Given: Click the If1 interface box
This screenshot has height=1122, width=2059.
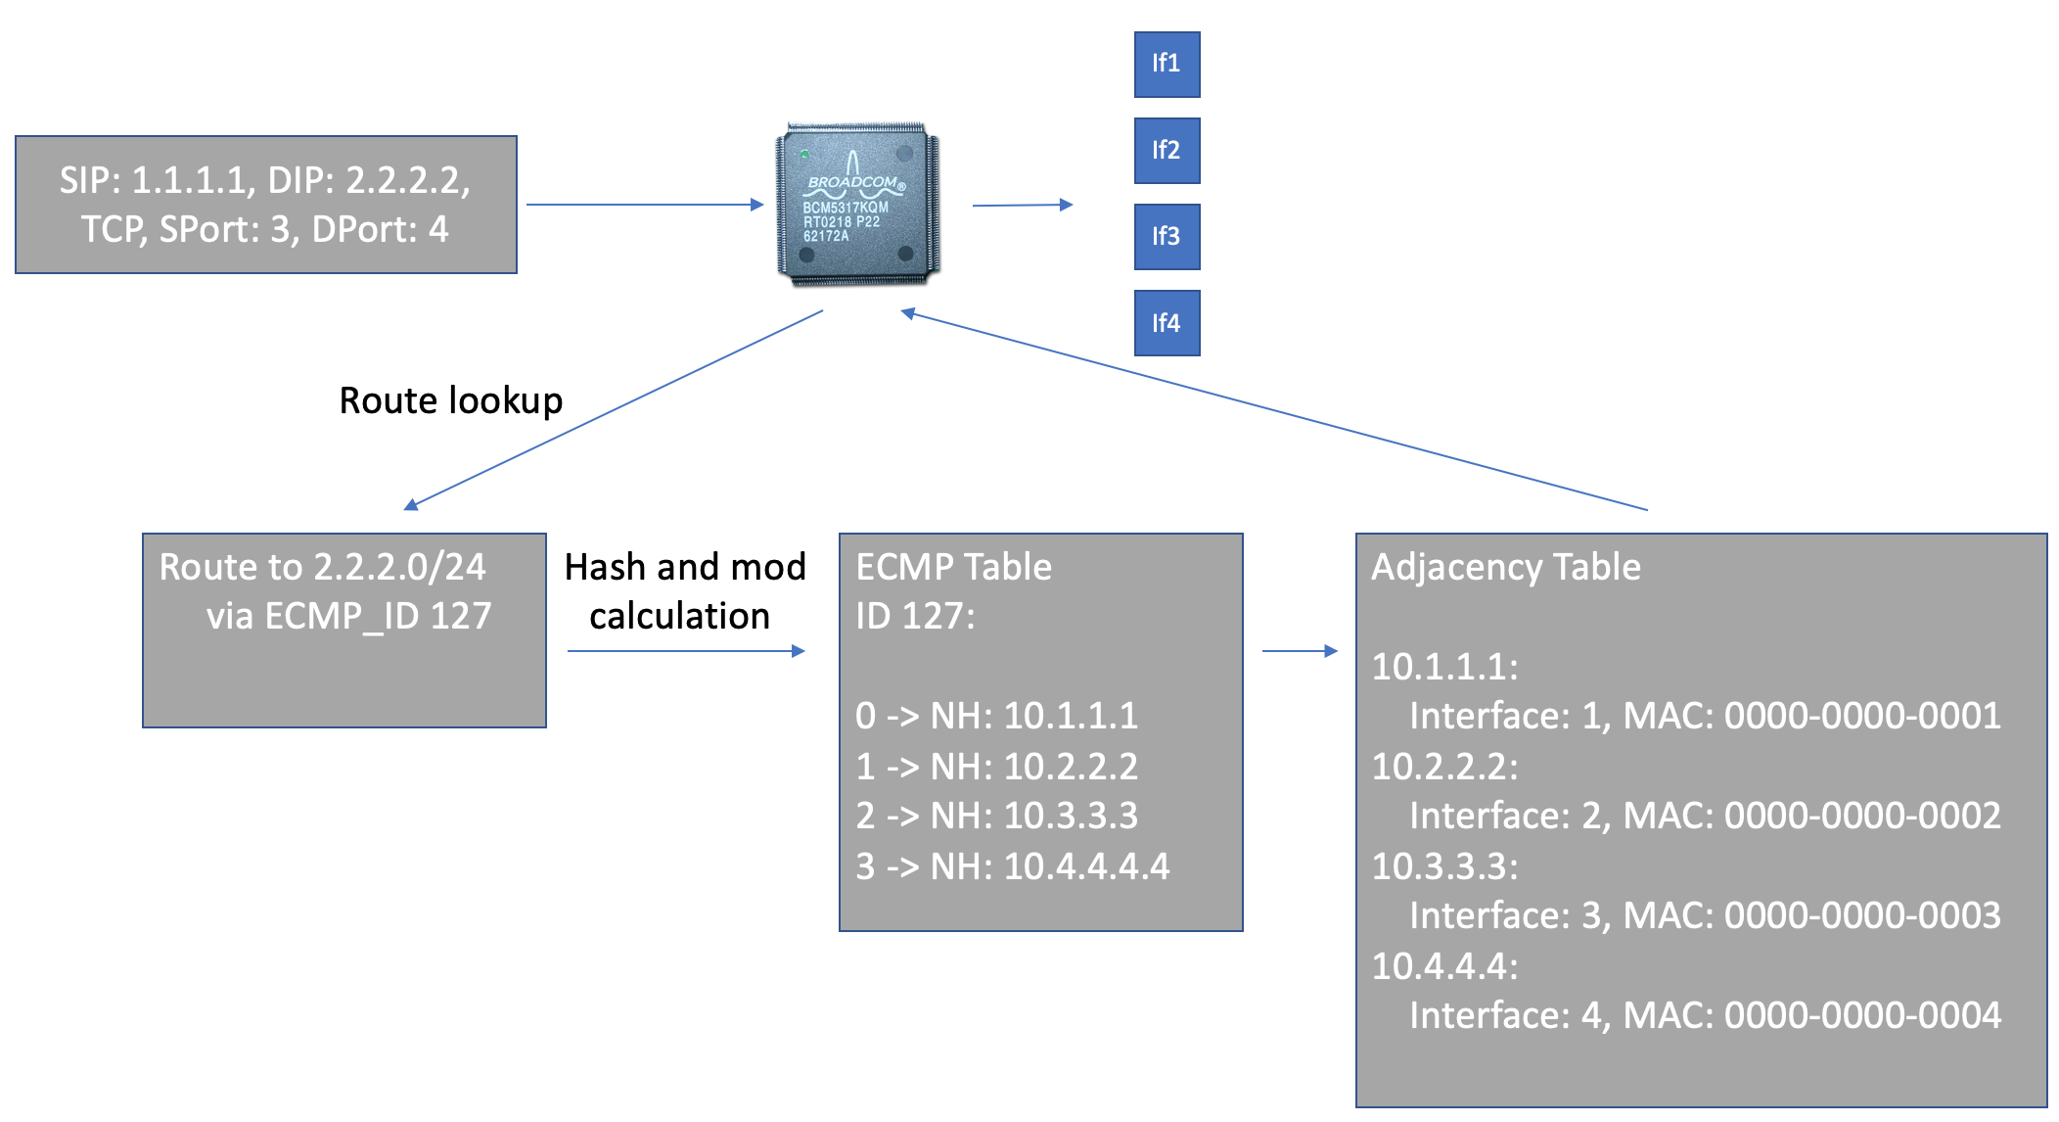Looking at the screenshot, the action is pyautogui.click(x=1167, y=65).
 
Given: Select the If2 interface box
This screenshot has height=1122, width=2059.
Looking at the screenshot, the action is pyautogui.click(x=1167, y=151).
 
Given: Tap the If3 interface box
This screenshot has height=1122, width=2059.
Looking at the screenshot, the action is pyautogui.click(x=1167, y=237).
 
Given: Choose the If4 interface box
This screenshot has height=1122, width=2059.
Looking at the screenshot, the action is pyautogui.click(x=1167, y=323).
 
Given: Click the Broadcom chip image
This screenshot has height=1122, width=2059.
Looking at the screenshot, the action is pyautogui.click(x=857, y=205).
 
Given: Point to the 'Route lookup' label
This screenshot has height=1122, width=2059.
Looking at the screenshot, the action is pyautogui.click(x=451, y=400).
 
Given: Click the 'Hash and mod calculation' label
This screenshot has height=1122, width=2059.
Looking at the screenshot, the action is pyautogui.click(x=685, y=591).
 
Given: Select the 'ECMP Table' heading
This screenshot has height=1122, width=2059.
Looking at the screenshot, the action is pyautogui.click(x=953, y=567).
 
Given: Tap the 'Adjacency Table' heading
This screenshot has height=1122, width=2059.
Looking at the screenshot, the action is pyautogui.click(x=1506, y=567).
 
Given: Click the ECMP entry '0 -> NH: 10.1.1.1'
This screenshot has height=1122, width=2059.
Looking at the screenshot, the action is pyautogui.click(x=996, y=716).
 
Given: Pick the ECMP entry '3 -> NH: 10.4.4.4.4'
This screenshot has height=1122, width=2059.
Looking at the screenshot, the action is pyautogui.click(x=1012, y=866).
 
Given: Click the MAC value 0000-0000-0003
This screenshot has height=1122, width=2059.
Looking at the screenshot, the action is pyautogui.click(x=1862, y=915).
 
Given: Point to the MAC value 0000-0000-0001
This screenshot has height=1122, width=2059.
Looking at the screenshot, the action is pyautogui.click(x=1862, y=716).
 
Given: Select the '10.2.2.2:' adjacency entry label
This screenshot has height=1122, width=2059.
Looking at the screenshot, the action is pyautogui.click(x=1444, y=767).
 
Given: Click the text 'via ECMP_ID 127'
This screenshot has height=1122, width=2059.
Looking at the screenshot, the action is pyautogui.click(x=348, y=616).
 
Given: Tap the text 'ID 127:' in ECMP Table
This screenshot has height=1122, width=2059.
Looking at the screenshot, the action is pyautogui.click(x=915, y=616).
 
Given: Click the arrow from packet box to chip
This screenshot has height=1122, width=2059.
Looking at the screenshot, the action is pyautogui.click(x=645, y=205).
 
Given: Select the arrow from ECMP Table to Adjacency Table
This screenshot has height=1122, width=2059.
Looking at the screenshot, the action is pyautogui.click(x=1301, y=651).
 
